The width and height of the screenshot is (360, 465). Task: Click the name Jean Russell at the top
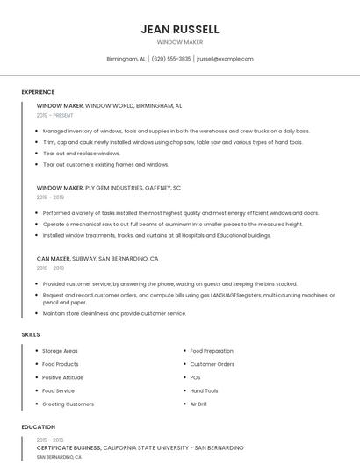[x=179, y=29]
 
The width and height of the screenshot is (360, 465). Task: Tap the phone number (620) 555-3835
[x=170, y=59]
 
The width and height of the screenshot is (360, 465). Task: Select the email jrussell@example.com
[x=225, y=59]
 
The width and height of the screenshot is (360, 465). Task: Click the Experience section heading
[x=38, y=92]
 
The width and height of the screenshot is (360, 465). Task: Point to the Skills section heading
[x=31, y=334]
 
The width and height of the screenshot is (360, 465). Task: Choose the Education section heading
[x=37, y=427]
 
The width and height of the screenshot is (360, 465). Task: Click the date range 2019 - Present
[x=54, y=115]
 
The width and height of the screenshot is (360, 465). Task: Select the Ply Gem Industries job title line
[x=108, y=188]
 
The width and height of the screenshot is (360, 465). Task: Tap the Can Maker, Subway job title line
[x=97, y=259]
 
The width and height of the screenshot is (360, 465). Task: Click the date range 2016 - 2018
[x=50, y=268]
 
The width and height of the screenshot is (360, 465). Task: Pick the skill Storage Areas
[x=60, y=351]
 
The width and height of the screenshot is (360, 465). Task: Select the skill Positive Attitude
[x=62, y=377]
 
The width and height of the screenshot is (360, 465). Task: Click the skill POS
[x=195, y=377]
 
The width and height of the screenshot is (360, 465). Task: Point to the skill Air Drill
[x=198, y=404]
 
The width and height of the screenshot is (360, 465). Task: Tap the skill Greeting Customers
[x=68, y=404]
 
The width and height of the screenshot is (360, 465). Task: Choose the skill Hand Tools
[x=204, y=390]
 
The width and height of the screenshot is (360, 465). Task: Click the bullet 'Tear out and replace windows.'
[x=82, y=153]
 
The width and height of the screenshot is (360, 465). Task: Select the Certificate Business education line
[x=140, y=447]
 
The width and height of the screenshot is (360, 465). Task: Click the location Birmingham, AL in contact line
[x=126, y=59]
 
